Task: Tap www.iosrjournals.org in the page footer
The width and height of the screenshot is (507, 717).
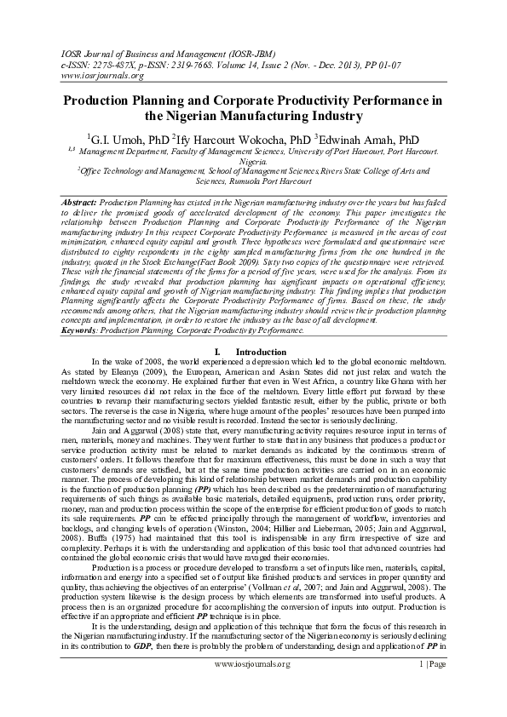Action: (252, 688)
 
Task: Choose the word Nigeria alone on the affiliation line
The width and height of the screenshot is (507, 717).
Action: (253, 160)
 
